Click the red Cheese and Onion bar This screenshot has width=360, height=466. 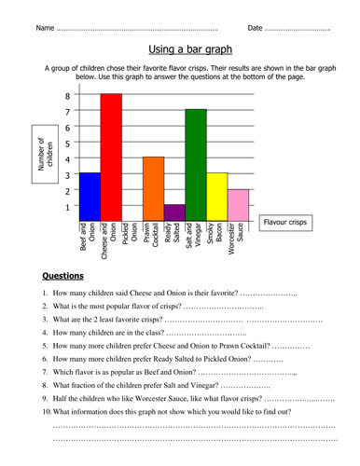coord(111,158)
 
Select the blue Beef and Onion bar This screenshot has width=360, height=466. coord(90,197)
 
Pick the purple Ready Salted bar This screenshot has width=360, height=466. coord(174,212)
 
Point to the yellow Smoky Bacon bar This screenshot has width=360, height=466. coord(216,197)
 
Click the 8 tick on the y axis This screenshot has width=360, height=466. coord(67,96)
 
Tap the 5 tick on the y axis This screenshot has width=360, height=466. coord(67,144)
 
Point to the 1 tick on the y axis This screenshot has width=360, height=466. coord(67,207)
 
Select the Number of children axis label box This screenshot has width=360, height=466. coord(49,153)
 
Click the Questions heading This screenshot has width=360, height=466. coord(63,276)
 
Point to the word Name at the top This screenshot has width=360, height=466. coord(45,28)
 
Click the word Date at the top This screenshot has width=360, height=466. coord(255,28)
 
